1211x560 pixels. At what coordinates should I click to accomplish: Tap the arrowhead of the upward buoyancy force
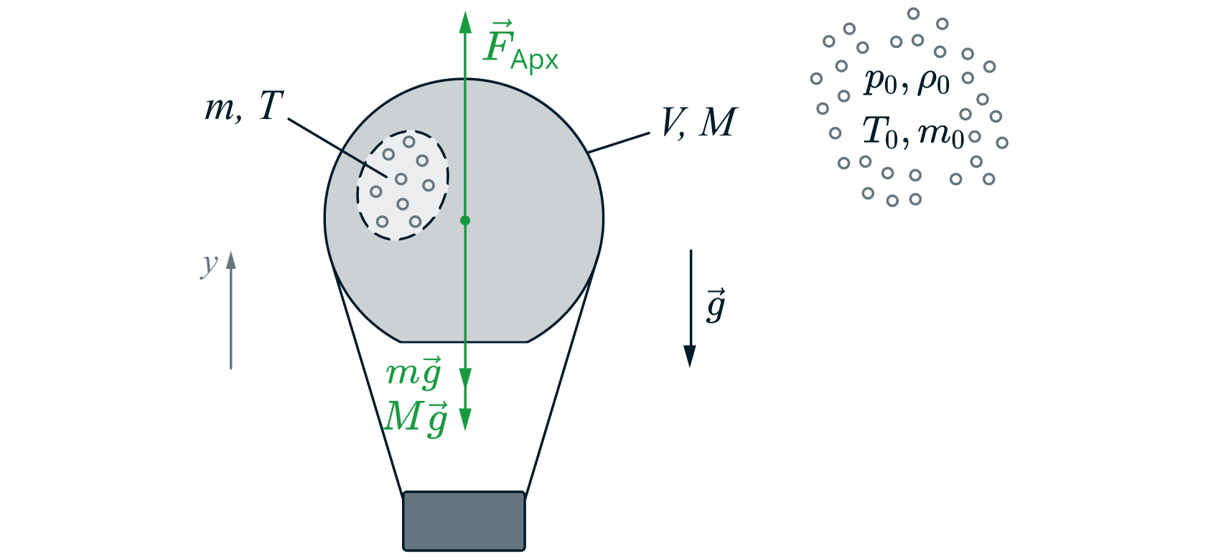point(465,22)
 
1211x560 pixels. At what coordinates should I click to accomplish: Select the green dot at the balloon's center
point(465,220)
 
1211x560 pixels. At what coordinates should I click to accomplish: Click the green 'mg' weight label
point(413,373)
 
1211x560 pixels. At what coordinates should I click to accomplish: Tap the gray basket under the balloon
point(464,521)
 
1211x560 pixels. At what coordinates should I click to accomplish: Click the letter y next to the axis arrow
point(209,265)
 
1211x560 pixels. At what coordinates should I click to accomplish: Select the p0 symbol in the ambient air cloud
point(880,80)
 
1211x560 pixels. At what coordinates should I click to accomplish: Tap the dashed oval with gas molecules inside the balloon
point(403,185)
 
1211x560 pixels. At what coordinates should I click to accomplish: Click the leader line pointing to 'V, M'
point(619,142)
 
